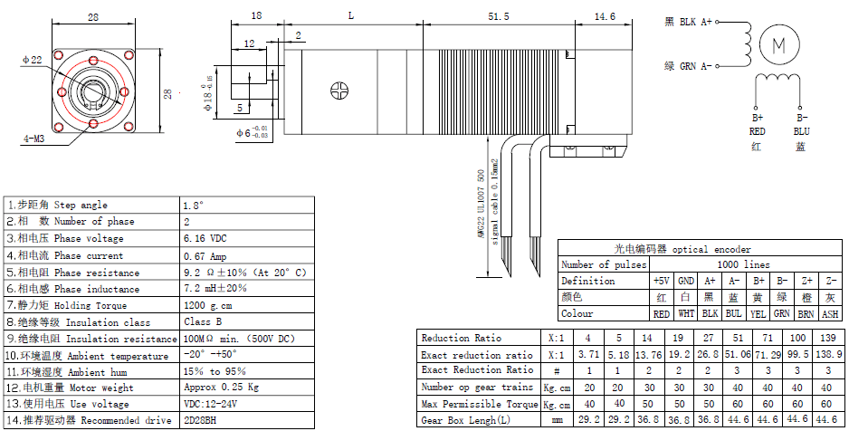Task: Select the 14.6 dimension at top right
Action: click(604, 17)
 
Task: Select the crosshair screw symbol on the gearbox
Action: click(339, 91)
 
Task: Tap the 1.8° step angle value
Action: click(195, 206)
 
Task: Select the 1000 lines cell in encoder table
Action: click(745, 264)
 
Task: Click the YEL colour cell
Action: click(758, 314)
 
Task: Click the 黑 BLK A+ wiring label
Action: click(689, 22)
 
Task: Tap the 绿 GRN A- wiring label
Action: click(689, 66)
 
